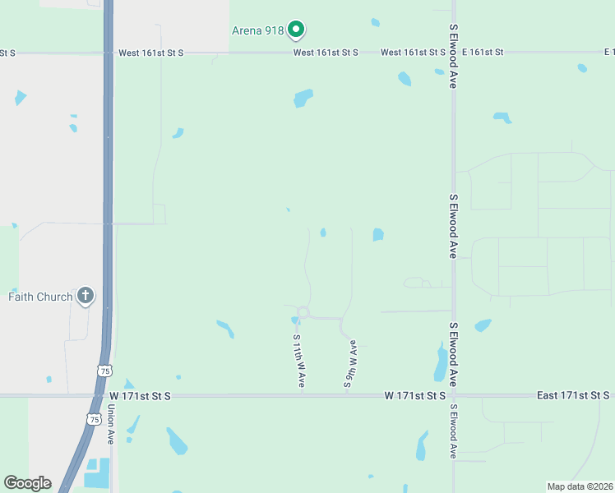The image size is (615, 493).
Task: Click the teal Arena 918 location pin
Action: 296,30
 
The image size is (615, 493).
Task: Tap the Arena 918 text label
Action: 257,31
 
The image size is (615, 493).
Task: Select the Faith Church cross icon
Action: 85,295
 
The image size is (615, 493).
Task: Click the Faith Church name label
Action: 40,297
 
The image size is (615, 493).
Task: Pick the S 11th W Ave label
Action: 299,361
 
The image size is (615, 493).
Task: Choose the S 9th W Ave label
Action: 351,362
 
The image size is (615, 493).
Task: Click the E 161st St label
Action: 482,53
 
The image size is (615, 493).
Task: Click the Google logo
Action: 27,483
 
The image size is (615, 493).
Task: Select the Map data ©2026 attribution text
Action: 580,486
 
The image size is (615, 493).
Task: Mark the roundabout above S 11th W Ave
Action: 303,312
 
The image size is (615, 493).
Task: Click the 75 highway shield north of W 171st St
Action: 104,371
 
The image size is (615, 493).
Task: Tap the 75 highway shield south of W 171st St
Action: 93,419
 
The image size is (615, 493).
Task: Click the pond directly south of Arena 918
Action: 303,99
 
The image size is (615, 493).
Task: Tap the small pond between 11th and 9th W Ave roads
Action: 323,233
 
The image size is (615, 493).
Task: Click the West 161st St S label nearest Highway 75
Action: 150,53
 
